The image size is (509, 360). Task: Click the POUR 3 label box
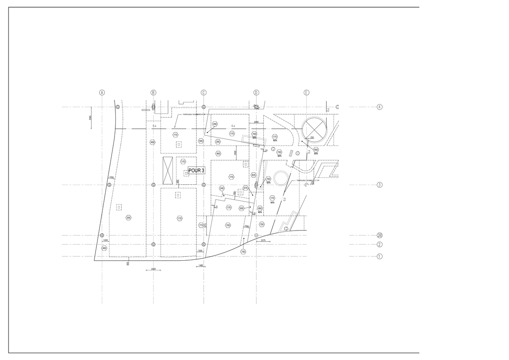196,171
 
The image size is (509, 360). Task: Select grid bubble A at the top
102,93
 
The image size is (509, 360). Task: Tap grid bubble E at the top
307,93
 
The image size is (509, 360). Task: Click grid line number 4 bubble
380,107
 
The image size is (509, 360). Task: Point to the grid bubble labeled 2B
380,236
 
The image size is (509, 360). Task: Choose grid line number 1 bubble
380,256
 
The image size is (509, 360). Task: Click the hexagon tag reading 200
129,218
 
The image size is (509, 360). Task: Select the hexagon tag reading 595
201,141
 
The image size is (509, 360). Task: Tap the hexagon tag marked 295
218,142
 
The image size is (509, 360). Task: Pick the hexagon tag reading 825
254,175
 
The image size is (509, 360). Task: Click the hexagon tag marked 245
222,188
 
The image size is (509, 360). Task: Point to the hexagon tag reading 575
246,188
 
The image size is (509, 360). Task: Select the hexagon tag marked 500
241,208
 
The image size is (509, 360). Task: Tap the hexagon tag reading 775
201,225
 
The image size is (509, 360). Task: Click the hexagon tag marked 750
243,252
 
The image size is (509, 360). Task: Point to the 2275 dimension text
263,241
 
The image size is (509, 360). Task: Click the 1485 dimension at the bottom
200,266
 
